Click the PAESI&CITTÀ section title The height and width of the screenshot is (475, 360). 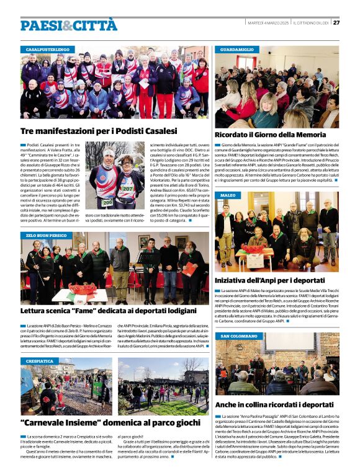(x=68, y=25)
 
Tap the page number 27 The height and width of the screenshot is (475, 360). (x=336, y=23)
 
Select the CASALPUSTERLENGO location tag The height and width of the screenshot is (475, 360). (x=47, y=49)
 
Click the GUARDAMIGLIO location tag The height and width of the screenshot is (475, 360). (x=236, y=49)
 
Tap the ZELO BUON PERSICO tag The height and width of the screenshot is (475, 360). (x=47, y=236)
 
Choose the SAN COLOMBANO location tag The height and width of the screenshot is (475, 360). (x=239, y=335)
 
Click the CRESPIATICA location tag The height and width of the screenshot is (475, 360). (x=40, y=361)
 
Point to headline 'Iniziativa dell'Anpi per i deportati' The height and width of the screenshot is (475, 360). (x=277, y=279)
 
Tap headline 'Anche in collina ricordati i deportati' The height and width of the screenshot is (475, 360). (x=280, y=404)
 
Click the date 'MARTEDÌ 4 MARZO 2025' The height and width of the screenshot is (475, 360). (x=267, y=23)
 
